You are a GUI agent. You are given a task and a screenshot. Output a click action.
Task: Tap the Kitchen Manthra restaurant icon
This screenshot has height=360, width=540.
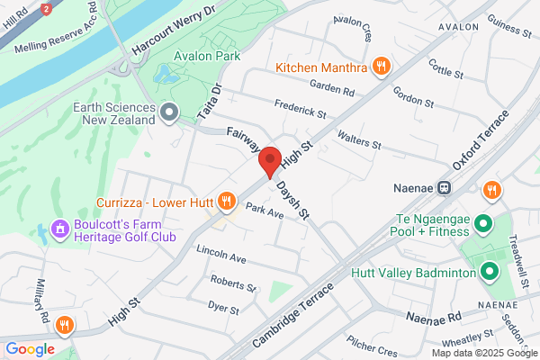pyautogui.click(x=382, y=67)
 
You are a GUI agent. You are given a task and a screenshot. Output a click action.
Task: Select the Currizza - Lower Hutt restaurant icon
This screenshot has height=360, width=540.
pyautogui.click(x=226, y=201)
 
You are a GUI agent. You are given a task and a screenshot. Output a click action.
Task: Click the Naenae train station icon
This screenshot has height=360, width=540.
pyautogui.click(x=443, y=189)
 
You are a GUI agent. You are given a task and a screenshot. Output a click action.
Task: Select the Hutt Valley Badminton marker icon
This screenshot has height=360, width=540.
pyautogui.click(x=490, y=271)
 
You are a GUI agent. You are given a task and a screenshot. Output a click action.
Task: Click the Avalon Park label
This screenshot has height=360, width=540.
pyautogui.click(x=209, y=56)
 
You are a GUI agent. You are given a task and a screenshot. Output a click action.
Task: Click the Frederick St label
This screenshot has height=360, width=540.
pyautogui.click(x=301, y=111)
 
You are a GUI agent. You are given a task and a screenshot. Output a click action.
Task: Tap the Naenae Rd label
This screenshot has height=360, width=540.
pyautogui.click(x=433, y=318)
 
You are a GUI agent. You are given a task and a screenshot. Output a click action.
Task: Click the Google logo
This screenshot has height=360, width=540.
pyautogui.click(x=31, y=349)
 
